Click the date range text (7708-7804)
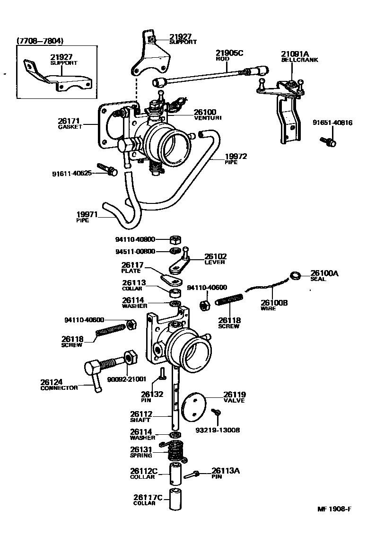(x=40, y=41)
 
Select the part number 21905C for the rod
(x=229, y=53)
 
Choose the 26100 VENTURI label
(x=208, y=114)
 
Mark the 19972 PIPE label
(x=236, y=158)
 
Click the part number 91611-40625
(x=72, y=174)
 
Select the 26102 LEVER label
(x=215, y=259)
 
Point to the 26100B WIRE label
(x=274, y=305)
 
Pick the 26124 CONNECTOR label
(x=58, y=385)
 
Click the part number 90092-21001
(x=127, y=379)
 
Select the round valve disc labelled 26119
(x=194, y=405)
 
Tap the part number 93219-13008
(x=218, y=431)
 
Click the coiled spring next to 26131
(x=175, y=451)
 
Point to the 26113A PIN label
(x=226, y=473)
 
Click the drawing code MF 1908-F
(x=334, y=509)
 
